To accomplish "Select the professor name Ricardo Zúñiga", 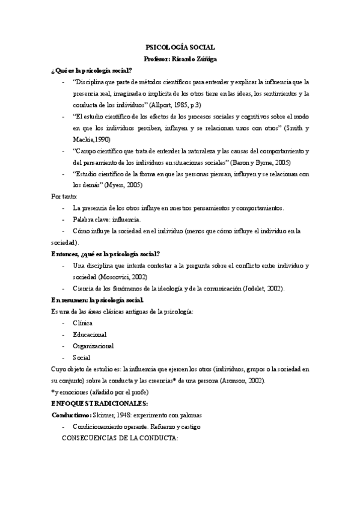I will click(197, 58).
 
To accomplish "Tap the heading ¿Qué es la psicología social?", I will click(91, 70).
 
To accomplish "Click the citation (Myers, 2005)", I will click(123, 185).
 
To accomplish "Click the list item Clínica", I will click(82, 323).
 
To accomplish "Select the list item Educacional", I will click(90, 334).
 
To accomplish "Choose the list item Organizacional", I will click(93, 346).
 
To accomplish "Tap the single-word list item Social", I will click(81, 357).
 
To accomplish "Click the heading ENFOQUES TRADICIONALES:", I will click(100, 404).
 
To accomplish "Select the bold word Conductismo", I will click(70, 416).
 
